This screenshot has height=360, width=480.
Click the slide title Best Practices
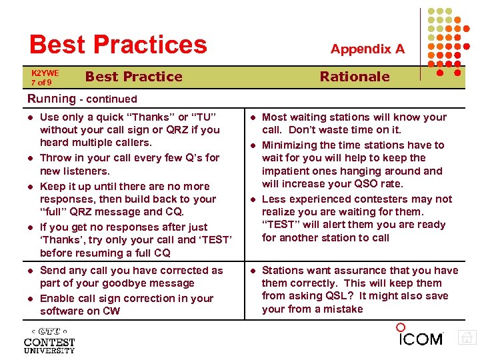(118, 44)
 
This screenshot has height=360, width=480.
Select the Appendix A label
(367, 49)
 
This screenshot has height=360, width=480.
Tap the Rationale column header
(354, 77)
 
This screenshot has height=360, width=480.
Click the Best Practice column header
(133, 77)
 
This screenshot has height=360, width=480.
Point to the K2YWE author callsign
(45, 73)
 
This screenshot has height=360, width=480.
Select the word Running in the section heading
(51, 99)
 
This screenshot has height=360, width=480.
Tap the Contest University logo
(49, 341)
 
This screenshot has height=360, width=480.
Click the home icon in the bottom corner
(468, 338)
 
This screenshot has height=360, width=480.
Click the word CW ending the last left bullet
(111, 311)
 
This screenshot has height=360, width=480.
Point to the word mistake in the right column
(342, 309)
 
